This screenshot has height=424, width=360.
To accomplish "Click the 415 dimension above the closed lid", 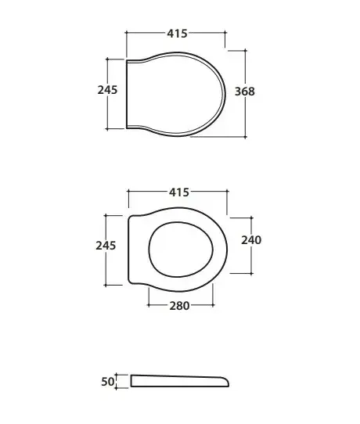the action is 177,34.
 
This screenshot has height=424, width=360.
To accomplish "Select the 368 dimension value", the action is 244,92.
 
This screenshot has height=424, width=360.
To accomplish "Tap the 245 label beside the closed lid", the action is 107,90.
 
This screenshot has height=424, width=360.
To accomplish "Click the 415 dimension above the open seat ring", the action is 179,192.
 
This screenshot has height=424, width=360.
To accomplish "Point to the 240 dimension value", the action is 251,240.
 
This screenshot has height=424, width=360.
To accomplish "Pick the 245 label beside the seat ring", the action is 106,246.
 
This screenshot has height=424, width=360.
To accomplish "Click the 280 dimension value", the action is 179,306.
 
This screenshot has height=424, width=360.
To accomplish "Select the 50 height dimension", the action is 108,382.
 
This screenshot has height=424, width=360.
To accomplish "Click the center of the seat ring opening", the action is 181,250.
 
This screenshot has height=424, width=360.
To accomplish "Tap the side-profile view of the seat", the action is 179,381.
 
